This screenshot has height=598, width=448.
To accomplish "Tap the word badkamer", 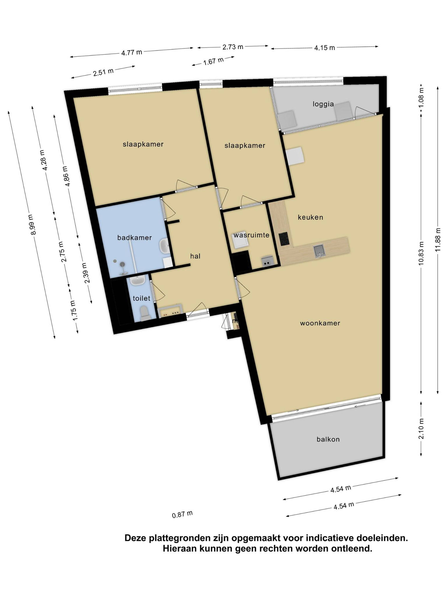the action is click(x=135, y=238).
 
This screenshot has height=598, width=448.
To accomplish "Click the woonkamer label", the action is click(x=320, y=323).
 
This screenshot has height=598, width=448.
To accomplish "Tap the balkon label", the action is click(x=328, y=439).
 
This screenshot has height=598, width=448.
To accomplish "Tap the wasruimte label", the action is click(x=251, y=235).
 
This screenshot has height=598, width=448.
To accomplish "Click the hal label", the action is click(x=195, y=256).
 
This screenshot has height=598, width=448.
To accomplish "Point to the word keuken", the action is click(x=311, y=217).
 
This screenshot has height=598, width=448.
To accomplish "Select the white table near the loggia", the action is click(x=295, y=156).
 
